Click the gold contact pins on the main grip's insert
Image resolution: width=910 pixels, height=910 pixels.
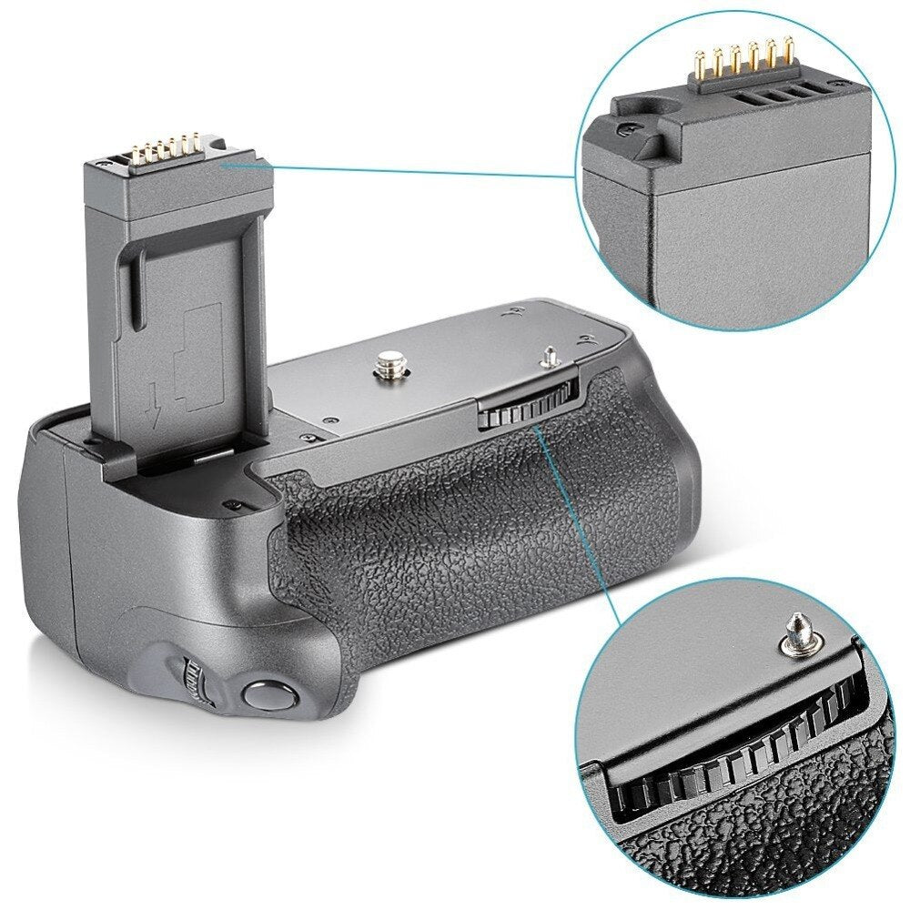coord(169,147)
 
